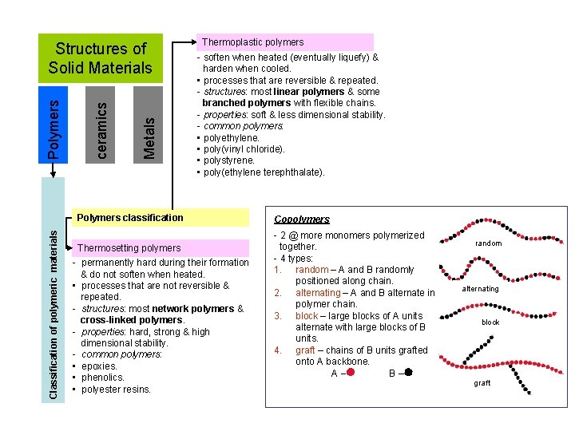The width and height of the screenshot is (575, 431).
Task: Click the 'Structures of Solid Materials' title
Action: coord(100,58)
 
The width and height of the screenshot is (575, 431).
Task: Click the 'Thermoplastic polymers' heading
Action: coord(252,42)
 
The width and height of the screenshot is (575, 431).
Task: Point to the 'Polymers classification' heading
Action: coord(129,217)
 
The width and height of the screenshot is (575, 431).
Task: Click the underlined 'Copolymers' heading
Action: coord(302,219)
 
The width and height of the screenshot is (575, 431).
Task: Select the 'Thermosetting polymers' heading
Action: coord(129,248)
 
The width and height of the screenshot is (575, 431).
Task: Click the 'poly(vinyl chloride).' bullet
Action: coord(244,149)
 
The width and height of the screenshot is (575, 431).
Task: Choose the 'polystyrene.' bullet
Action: coord(231,160)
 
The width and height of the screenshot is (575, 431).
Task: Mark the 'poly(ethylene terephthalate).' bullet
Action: coord(264,172)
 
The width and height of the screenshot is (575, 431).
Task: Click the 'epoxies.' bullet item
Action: coord(99,366)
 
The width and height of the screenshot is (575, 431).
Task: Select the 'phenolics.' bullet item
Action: coord(103,378)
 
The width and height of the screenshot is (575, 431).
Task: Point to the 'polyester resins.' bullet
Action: coord(116,389)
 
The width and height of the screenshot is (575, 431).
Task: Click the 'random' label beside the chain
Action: coord(488,243)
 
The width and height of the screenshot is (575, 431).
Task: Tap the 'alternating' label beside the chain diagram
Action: coord(480,289)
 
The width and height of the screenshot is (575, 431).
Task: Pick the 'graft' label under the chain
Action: coord(482,383)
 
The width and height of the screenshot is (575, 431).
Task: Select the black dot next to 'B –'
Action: coord(408,372)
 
